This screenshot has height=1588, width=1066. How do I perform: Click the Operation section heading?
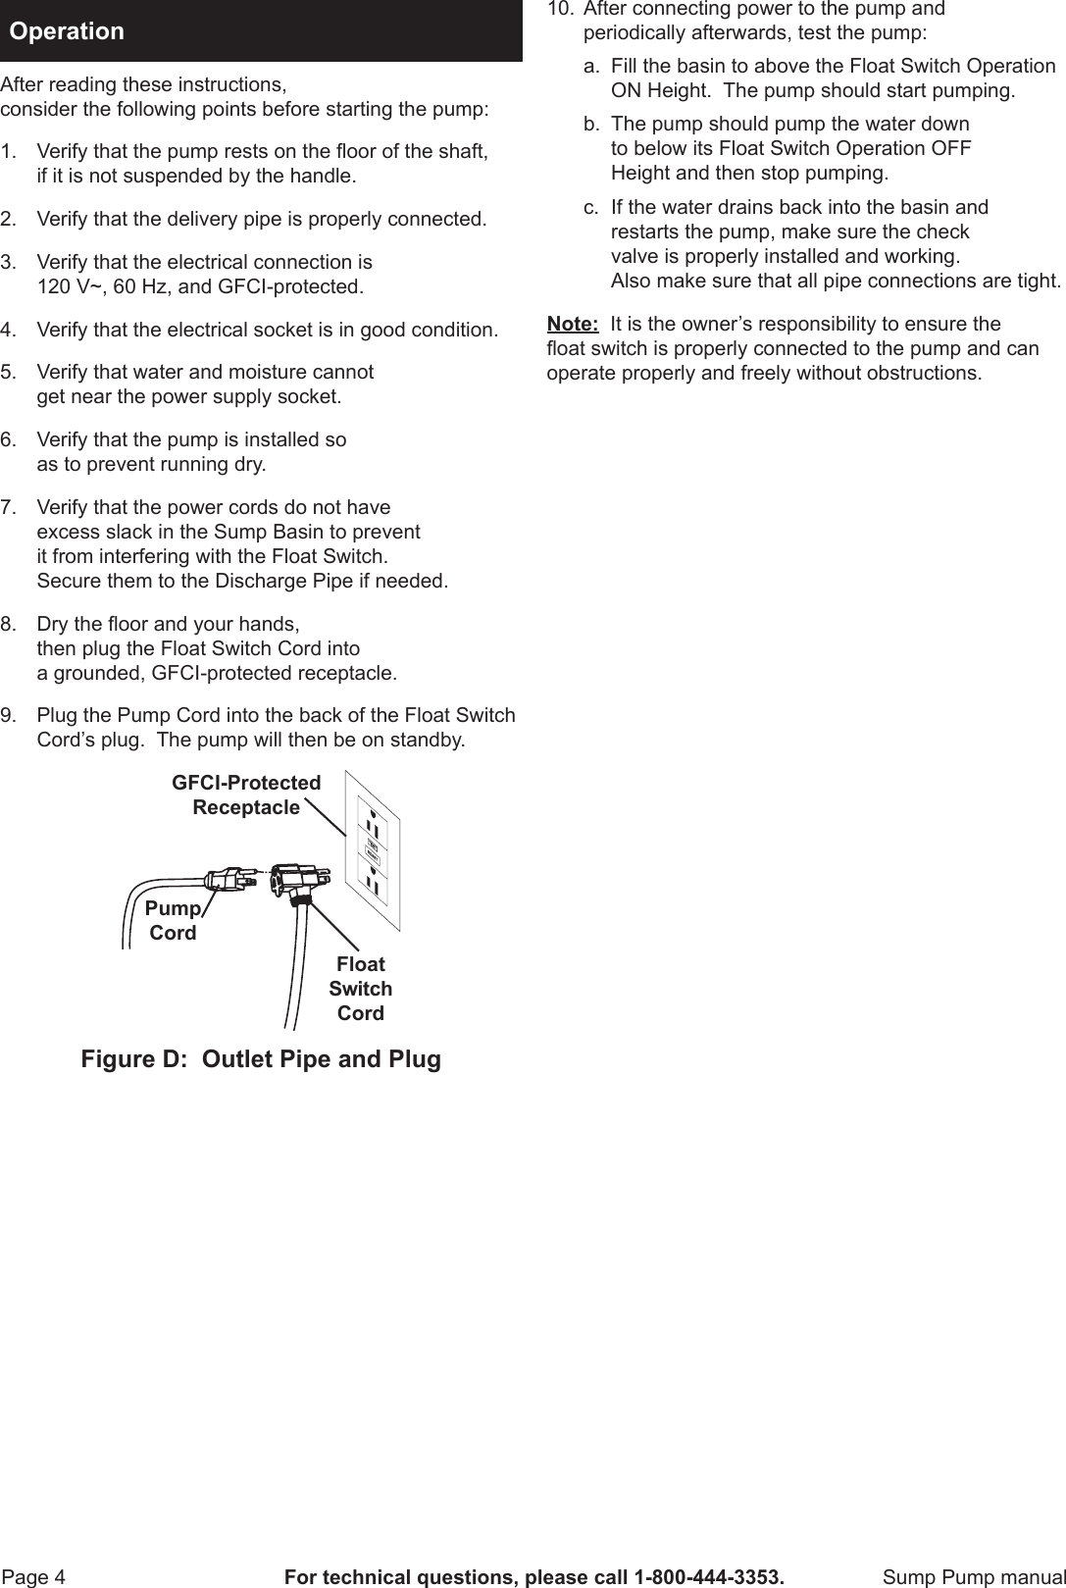[x=67, y=31]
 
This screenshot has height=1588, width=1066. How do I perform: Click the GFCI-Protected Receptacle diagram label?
[x=246, y=794]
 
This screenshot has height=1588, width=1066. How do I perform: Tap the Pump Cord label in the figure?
[x=173, y=920]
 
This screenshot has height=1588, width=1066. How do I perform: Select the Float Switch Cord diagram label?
[x=360, y=988]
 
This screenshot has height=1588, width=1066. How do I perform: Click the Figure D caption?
[x=261, y=1059]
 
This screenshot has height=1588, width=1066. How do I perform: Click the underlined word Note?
[x=572, y=325]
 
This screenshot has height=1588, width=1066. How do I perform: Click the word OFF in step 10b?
[x=950, y=149]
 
